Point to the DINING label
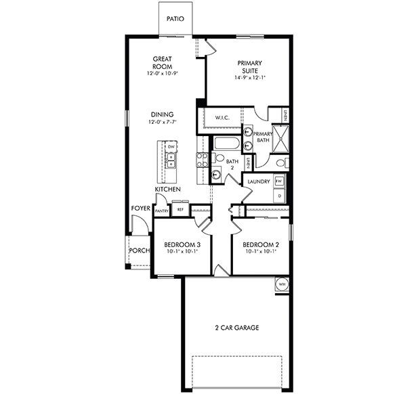162,114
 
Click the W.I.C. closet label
223,118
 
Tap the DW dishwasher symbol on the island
171,147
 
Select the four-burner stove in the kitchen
201,161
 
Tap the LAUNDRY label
259,181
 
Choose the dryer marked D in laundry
280,196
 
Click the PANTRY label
162,211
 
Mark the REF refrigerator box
180,211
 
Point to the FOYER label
141,209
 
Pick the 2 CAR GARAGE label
236,328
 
